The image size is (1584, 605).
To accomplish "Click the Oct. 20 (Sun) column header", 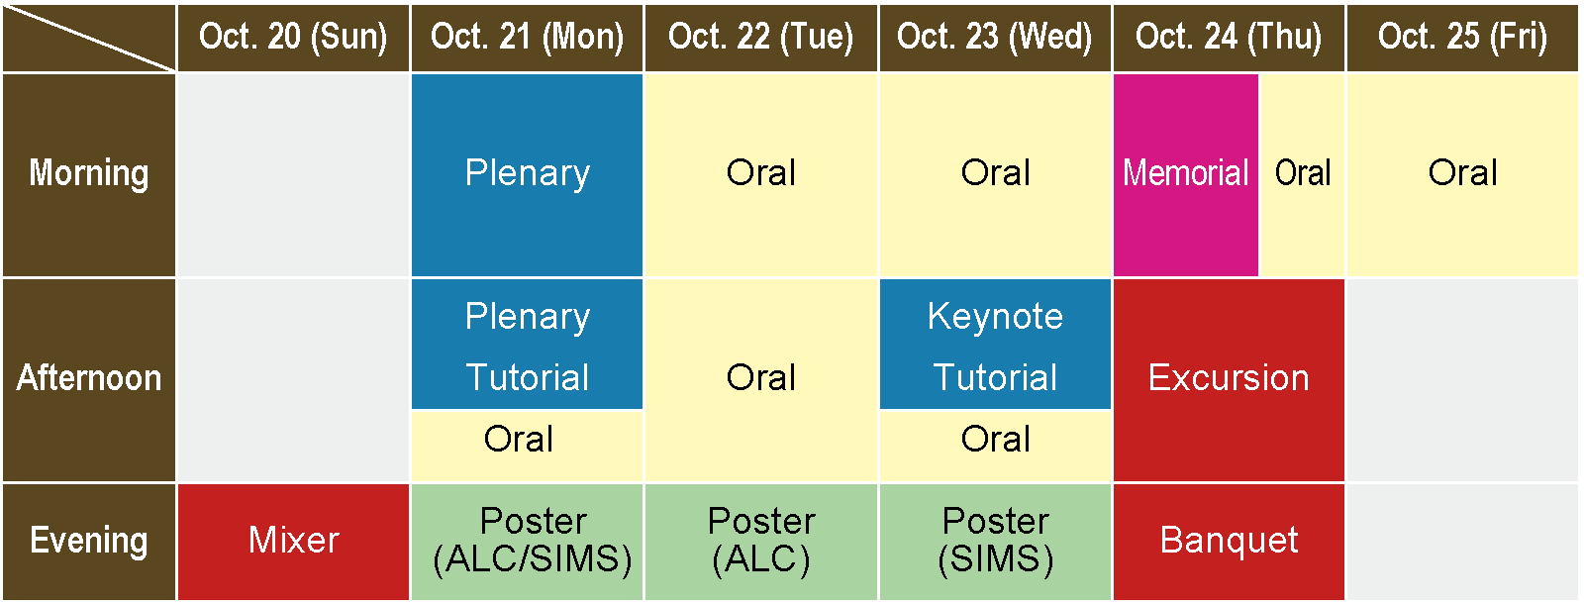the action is (293, 38).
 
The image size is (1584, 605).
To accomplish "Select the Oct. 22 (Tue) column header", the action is (761, 38).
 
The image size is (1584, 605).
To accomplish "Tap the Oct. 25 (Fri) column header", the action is (1462, 38).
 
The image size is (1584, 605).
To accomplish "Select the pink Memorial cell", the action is (1186, 175).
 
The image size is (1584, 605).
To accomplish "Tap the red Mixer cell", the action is (293, 542).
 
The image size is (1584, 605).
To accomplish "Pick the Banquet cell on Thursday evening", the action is (1229, 542).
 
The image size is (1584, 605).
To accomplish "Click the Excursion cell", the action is (1229, 380).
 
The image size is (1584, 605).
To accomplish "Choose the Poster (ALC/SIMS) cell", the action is (528, 542).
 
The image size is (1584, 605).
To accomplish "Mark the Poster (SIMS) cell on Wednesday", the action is (995, 542).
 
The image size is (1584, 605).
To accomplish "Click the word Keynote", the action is (995, 316).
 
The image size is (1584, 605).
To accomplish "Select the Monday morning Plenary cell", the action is (528, 175).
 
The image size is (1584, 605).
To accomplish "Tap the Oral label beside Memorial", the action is (1303, 173).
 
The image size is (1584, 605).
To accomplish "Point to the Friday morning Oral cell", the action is (1462, 175).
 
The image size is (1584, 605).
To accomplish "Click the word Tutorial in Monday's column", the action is (528, 377).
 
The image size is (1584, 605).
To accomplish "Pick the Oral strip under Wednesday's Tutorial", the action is (995, 446).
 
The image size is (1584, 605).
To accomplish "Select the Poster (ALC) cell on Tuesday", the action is (761, 542).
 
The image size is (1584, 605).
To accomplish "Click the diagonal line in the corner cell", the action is (89, 39).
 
